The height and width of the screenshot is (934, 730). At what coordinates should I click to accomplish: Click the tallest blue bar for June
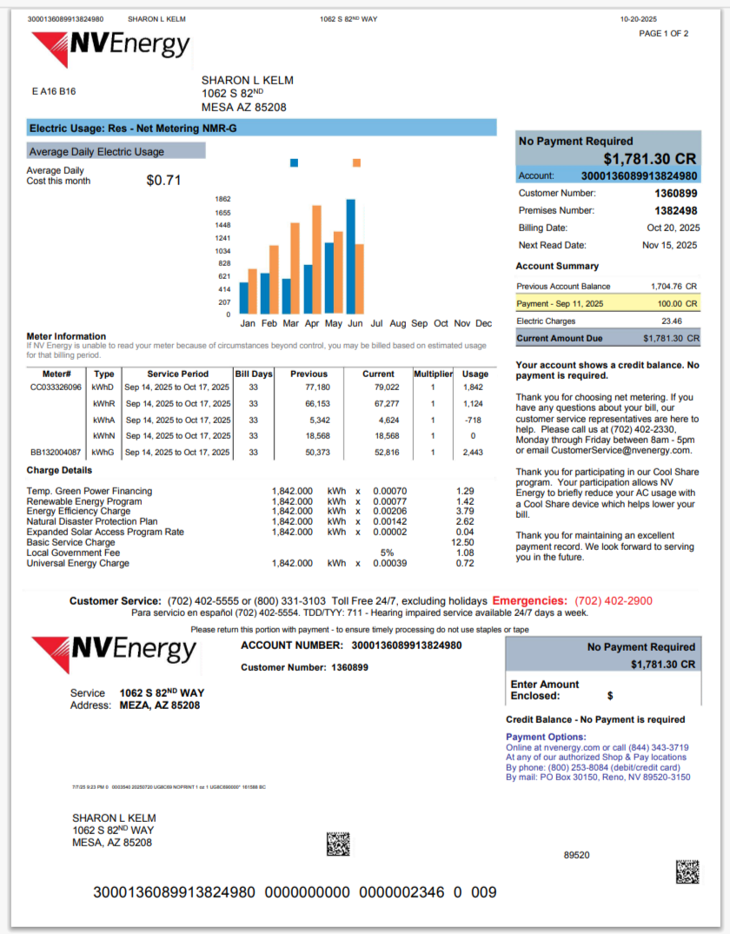pos(350,256)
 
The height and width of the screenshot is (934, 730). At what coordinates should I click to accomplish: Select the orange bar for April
pos(317,259)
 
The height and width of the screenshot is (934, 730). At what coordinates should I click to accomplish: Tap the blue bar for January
pos(244,298)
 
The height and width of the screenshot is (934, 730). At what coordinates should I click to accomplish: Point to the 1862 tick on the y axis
pos(222,199)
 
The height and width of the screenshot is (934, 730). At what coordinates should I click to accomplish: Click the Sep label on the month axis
pos(419,323)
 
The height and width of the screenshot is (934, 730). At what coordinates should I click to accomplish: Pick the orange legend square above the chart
pos(356,162)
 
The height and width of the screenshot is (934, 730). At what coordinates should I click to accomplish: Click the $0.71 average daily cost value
pos(163,181)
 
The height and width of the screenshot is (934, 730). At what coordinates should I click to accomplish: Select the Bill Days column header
pos(253,374)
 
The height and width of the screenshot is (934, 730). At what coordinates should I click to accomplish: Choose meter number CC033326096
pos(56,387)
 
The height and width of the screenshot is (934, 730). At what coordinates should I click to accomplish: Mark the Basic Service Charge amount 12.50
pos(465,542)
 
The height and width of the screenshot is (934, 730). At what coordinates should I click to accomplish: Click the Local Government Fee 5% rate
pos(387,553)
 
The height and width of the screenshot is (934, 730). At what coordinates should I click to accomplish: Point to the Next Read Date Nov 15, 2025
pos(669,245)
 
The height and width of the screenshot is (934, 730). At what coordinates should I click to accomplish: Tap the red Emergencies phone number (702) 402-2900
pos(614,600)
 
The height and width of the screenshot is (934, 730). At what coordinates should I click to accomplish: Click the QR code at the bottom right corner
pos(687,871)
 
